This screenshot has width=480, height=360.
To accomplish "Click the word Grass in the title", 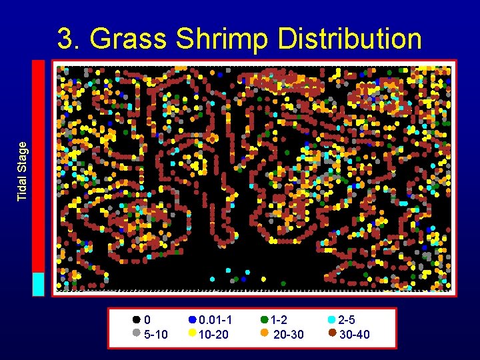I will (x=128, y=39).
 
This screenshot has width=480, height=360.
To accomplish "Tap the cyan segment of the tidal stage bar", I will (x=39, y=283).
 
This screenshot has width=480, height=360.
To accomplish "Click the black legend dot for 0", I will (x=137, y=320).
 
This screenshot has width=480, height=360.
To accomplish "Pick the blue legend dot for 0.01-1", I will (x=193, y=320).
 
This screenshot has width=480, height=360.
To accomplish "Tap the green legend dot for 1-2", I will (x=265, y=320).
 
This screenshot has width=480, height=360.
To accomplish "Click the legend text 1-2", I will (x=279, y=321).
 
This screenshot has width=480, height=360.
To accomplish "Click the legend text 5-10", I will (x=156, y=334).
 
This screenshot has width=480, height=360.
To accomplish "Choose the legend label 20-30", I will (x=289, y=334).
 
